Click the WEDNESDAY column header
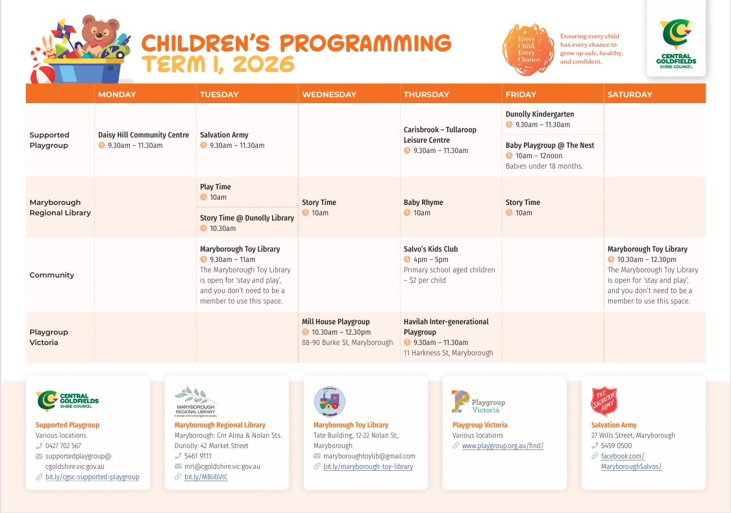pyautogui.click(x=329, y=95)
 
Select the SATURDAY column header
pyautogui.click(x=629, y=95)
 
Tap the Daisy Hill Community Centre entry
pyautogui.click(x=143, y=135)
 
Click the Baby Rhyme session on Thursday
pyautogui.click(x=423, y=202)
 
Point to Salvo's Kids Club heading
pyautogui.click(x=430, y=249)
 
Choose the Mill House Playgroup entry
pyautogui.click(x=336, y=322)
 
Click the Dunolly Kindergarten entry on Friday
pyautogui.click(x=539, y=114)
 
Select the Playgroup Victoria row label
pyautogui.click(x=49, y=337)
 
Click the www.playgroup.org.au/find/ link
pyautogui.click(x=502, y=446)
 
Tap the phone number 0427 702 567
pyautogui.click(x=63, y=446)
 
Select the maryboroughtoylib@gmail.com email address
pyautogui.click(x=369, y=457)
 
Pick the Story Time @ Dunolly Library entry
pyautogui.click(x=247, y=218)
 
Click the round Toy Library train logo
pyautogui.click(x=329, y=401)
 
